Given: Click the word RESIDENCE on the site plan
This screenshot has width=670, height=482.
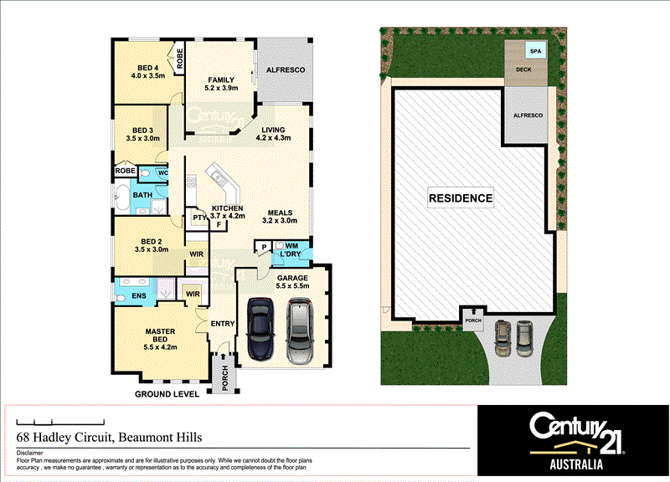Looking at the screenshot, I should pyautogui.click(x=461, y=198).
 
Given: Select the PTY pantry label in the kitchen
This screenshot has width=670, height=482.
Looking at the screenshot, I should pyautogui.click(x=198, y=218).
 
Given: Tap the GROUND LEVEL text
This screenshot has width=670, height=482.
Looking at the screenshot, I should pyautogui.click(x=167, y=393).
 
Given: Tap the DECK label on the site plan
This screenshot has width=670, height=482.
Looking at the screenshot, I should pyautogui.click(x=524, y=69).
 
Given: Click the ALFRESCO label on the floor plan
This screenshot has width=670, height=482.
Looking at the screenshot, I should pyautogui.click(x=285, y=69).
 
